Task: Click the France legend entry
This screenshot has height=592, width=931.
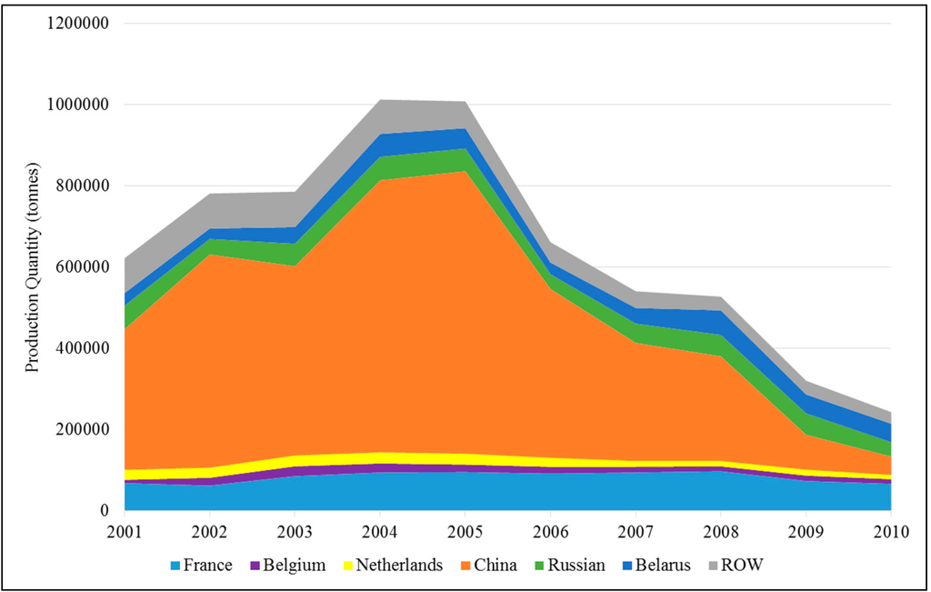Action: (x=197, y=565)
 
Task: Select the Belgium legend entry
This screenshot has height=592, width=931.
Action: (x=286, y=565)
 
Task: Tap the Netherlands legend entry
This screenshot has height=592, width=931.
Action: (x=393, y=565)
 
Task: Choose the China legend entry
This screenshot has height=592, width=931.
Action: (x=488, y=565)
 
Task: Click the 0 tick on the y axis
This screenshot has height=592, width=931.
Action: (x=105, y=511)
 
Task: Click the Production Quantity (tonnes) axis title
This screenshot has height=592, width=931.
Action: (x=33, y=267)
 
